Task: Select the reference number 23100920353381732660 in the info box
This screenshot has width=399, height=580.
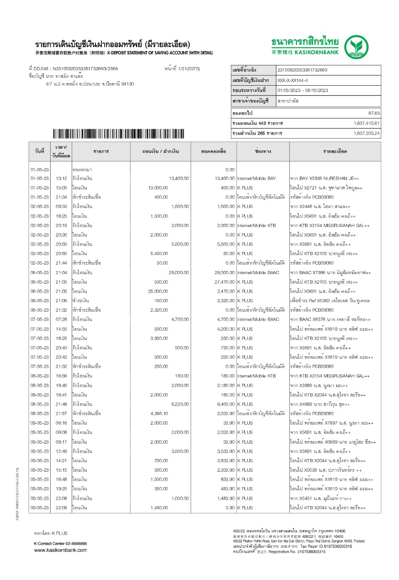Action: (302, 70)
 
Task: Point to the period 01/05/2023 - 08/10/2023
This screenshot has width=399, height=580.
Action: (303, 90)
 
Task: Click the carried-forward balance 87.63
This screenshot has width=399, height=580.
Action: (374, 112)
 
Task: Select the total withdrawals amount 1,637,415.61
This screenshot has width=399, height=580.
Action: (366, 123)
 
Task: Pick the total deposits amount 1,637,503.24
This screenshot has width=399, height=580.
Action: (366, 133)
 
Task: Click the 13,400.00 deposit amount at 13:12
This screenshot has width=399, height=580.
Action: (178, 179)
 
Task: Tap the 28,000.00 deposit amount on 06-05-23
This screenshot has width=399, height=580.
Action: (178, 272)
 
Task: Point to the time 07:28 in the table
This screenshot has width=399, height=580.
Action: (61, 319)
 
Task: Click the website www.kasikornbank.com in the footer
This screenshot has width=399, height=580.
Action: (60, 550)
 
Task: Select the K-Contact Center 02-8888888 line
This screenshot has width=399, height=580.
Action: (60, 543)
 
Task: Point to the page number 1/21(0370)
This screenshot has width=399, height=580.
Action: (183, 69)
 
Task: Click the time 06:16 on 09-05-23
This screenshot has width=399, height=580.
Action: (61, 423)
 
